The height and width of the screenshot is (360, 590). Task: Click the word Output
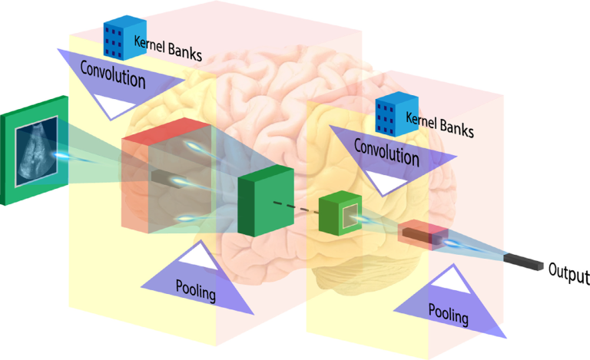click(x=568, y=273)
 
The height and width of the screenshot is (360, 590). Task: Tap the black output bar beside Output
click(x=523, y=261)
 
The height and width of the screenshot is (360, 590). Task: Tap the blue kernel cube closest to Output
click(x=393, y=115)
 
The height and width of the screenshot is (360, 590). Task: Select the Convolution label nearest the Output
click(x=387, y=152)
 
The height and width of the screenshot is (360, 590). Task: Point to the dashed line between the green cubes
click(x=295, y=206)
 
